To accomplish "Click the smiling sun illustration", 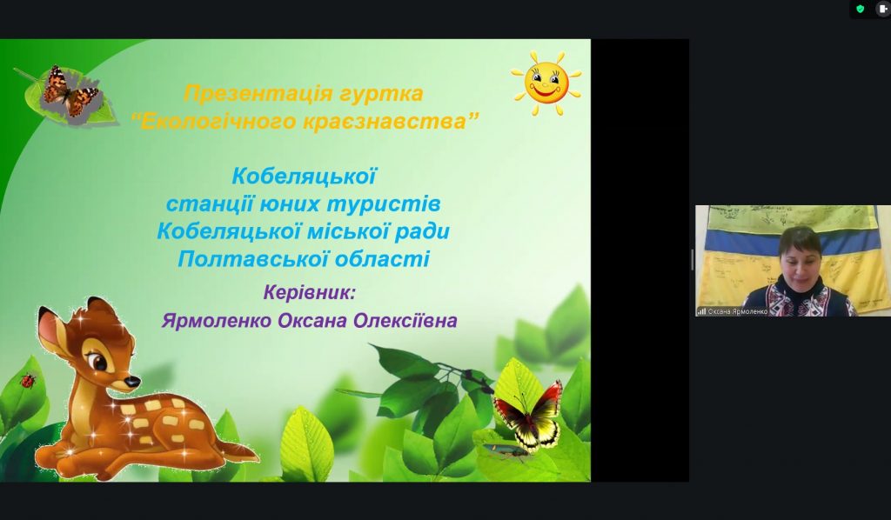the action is [x=546, y=83].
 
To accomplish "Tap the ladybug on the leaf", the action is [x=28, y=380].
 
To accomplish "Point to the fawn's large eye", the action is [x=98, y=361].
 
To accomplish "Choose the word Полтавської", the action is [x=252, y=259].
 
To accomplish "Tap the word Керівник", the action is [x=309, y=293].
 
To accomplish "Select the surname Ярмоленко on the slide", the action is [x=217, y=321].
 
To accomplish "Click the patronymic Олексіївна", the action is [x=405, y=320].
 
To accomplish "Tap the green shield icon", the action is [x=860, y=9].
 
